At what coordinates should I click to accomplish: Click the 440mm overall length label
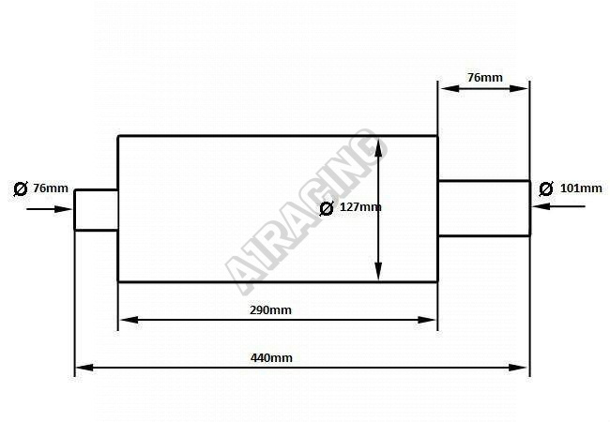[271, 357]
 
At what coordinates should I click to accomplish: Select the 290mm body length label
[270, 310]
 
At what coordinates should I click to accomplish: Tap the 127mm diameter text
[360, 207]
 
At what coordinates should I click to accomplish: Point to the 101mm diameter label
[581, 188]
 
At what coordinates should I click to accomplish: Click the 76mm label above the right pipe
[485, 78]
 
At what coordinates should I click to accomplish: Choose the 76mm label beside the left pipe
[51, 188]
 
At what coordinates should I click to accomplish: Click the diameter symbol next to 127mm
[327, 208]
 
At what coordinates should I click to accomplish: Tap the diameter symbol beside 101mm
[546, 189]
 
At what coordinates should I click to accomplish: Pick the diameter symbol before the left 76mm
[21, 188]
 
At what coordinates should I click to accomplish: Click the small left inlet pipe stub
[96, 210]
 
